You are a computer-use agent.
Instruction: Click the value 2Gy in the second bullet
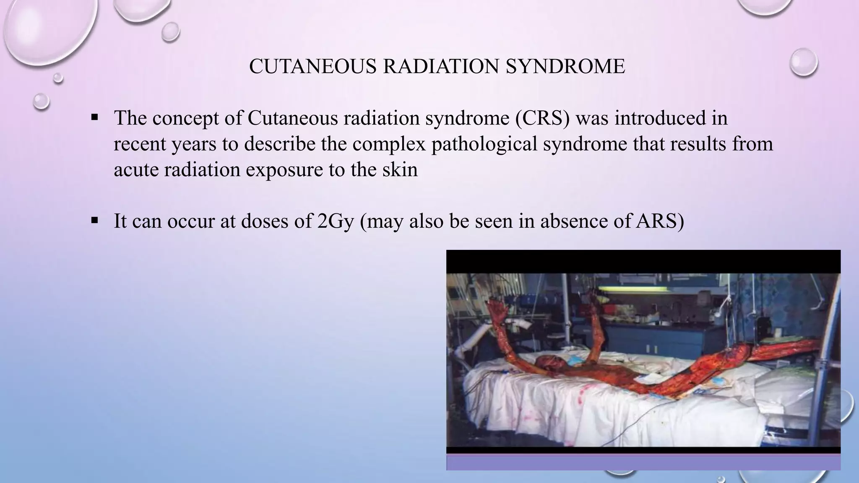pyautogui.click(x=336, y=221)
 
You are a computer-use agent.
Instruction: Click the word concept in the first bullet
pyautogui.click(x=185, y=119)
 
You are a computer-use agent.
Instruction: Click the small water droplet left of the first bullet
pyautogui.click(x=41, y=101)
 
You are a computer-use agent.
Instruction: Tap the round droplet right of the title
pyautogui.click(x=803, y=62)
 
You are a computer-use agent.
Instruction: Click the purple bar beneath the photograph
pyautogui.click(x=643, y=462)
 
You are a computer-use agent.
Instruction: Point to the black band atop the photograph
pyautogui.click(x=643, y=261)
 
